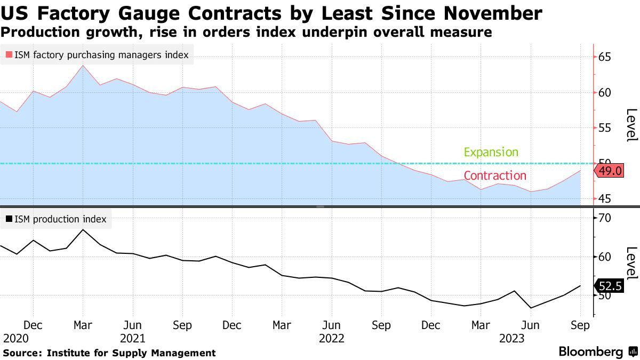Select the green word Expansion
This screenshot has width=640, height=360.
point(491,153)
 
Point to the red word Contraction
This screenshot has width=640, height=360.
point(495,175)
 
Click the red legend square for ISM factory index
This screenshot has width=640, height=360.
point(9,54)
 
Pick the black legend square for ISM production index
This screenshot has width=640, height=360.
point(9,219)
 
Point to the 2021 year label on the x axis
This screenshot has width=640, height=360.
point(132,338)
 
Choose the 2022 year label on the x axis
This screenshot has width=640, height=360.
point(331,338)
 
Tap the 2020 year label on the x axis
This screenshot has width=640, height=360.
point(15,338)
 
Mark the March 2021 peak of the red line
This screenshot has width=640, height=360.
point(83,66)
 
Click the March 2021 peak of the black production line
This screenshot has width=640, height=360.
point(83,230)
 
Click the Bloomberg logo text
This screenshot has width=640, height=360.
point(590,352)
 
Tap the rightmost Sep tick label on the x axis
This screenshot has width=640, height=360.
point(580,325)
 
